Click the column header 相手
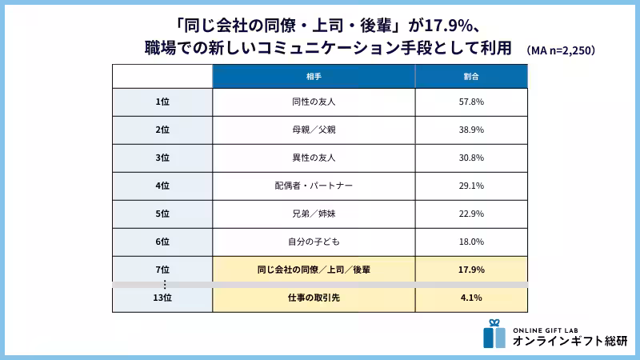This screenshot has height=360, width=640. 313,76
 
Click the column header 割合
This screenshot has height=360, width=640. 470,76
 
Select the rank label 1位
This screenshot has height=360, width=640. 162,102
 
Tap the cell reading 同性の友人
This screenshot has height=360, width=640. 313,102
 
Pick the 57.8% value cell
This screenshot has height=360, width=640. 470,102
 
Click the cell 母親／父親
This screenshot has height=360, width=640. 313,130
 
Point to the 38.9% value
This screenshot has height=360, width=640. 470,130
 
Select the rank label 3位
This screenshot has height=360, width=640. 162,158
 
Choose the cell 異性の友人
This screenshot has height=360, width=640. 313,158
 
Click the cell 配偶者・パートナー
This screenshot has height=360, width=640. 313,186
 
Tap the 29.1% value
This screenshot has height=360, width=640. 470,186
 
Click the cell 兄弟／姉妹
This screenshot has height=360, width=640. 313,214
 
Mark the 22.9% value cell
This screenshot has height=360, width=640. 470,214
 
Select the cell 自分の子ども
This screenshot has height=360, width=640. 313,242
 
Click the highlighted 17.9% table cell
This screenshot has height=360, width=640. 470,270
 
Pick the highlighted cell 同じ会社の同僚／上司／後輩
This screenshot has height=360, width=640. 313,270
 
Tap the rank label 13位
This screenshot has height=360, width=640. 162,298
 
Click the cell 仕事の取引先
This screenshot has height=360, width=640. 313,298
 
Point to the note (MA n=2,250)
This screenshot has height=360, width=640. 560,50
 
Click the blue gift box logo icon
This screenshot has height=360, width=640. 494,334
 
